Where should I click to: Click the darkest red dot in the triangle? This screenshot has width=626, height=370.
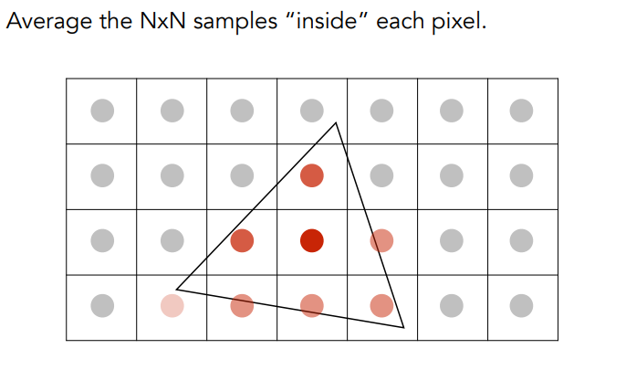click(312, 240)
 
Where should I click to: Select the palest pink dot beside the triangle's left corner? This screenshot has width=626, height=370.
click(172, 305)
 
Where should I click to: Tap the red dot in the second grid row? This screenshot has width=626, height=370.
click(312, 174)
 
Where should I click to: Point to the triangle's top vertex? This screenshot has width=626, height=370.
click(336, 122)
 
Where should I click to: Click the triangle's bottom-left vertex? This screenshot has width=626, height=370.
click(176, 290)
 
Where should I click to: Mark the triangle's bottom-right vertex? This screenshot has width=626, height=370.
click(403, 327)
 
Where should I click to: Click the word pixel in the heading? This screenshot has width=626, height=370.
click(457, 20)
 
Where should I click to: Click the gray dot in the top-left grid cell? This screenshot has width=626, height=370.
click(102, 111)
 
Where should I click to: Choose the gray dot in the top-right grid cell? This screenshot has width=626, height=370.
click(521, 111)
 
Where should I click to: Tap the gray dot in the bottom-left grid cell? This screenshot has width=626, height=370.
click(102, 305)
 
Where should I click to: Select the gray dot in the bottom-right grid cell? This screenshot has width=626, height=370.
click(521, 305)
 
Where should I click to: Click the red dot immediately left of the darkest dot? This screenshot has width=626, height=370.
click(242, 240)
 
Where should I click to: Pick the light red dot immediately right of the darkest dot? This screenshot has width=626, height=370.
click(381, 240)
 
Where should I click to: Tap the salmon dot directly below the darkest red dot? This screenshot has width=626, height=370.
click(312, 305)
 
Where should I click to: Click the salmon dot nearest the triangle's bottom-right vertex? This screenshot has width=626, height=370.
click(381, 305)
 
